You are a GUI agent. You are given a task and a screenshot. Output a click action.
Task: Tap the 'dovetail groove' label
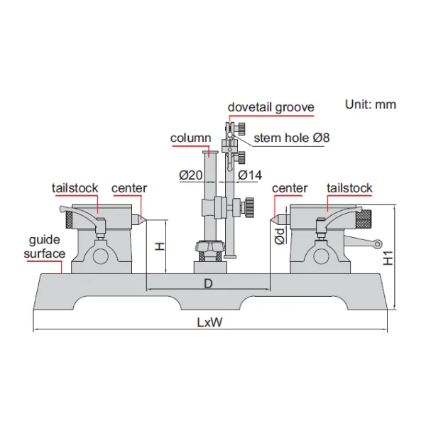click(x=271, y=107)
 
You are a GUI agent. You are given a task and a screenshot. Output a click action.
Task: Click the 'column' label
click(x=190, y=138)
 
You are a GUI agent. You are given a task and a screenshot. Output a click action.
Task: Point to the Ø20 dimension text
click(x=192, y=175)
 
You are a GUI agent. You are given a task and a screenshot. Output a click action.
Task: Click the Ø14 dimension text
click(x=251, y=175)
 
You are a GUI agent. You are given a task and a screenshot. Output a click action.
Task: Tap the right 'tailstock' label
click(x=349, y=188)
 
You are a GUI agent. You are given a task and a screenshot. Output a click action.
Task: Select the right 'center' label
click(x=290, y=188)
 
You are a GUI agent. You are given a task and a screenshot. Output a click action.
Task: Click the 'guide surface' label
click(x=45, y=247)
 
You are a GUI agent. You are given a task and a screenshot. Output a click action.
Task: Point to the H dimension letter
click(x=160, y=246)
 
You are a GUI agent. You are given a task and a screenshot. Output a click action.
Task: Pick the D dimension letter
click(x=208, y=284)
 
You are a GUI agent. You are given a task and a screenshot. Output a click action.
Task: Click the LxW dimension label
click(x=210, y=322)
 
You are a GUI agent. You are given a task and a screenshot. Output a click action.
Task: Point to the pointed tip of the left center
click(x=145, y=219)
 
